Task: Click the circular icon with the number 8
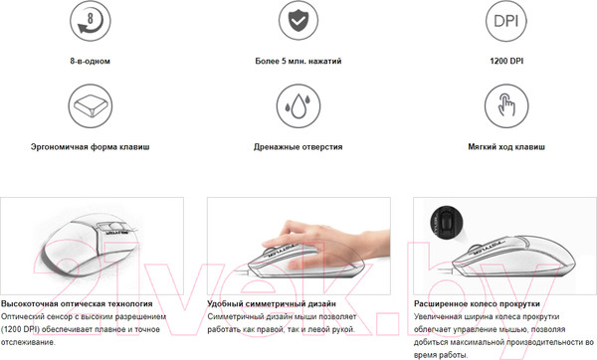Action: pyautogui.click(x=91, y=22)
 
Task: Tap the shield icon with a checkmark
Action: pyautogui.click(x=298, y=22)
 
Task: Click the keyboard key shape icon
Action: pyautogui.click(x=91, y=105)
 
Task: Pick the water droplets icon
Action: pyautogui.click(x=298, y=105)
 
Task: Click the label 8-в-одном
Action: pyautogui.click(x=91, y=62)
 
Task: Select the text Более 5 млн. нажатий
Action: pyautogui.click(x=298, y=62)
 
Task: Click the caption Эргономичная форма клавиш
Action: pyautogui.click(x=91, y=146)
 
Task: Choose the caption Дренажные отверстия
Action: pyautogui.click(x=298, y=146)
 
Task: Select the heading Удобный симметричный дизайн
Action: pyautogui.click(x=271, y=302)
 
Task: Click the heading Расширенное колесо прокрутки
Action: pyautogui.click(x=476, y=302)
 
